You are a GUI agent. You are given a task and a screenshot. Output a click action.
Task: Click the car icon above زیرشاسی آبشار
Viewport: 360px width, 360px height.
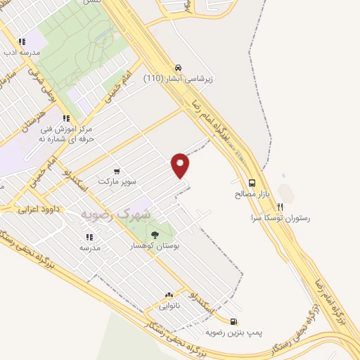point(179,67)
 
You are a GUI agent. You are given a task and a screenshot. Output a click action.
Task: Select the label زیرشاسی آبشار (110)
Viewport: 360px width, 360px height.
point(178,79)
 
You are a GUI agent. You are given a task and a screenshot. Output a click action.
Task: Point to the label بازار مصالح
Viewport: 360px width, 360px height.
point(252,193)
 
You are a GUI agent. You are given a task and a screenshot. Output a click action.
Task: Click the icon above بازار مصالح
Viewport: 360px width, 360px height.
point(252,182)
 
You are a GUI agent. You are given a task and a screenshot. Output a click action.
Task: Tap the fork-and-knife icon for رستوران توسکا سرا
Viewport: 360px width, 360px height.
point(280,207)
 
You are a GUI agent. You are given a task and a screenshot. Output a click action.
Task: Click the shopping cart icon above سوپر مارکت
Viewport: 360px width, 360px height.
point(116,171)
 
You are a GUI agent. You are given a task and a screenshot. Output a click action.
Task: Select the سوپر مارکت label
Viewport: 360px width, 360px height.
point(116,181)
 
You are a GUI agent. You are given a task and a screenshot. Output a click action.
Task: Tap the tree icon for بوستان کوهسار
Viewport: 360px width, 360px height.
point(155,235)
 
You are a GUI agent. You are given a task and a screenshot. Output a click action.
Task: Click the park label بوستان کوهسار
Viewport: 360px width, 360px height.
point(155,246)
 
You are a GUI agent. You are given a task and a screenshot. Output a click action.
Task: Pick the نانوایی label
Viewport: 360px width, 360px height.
point(169,306)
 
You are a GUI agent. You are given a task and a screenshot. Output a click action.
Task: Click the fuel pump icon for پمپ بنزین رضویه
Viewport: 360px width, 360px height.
point(233,321)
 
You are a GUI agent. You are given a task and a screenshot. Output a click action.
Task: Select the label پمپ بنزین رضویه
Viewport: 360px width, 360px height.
point(229,332)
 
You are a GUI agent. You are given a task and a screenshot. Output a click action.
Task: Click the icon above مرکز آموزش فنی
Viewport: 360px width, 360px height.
point(66,119)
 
